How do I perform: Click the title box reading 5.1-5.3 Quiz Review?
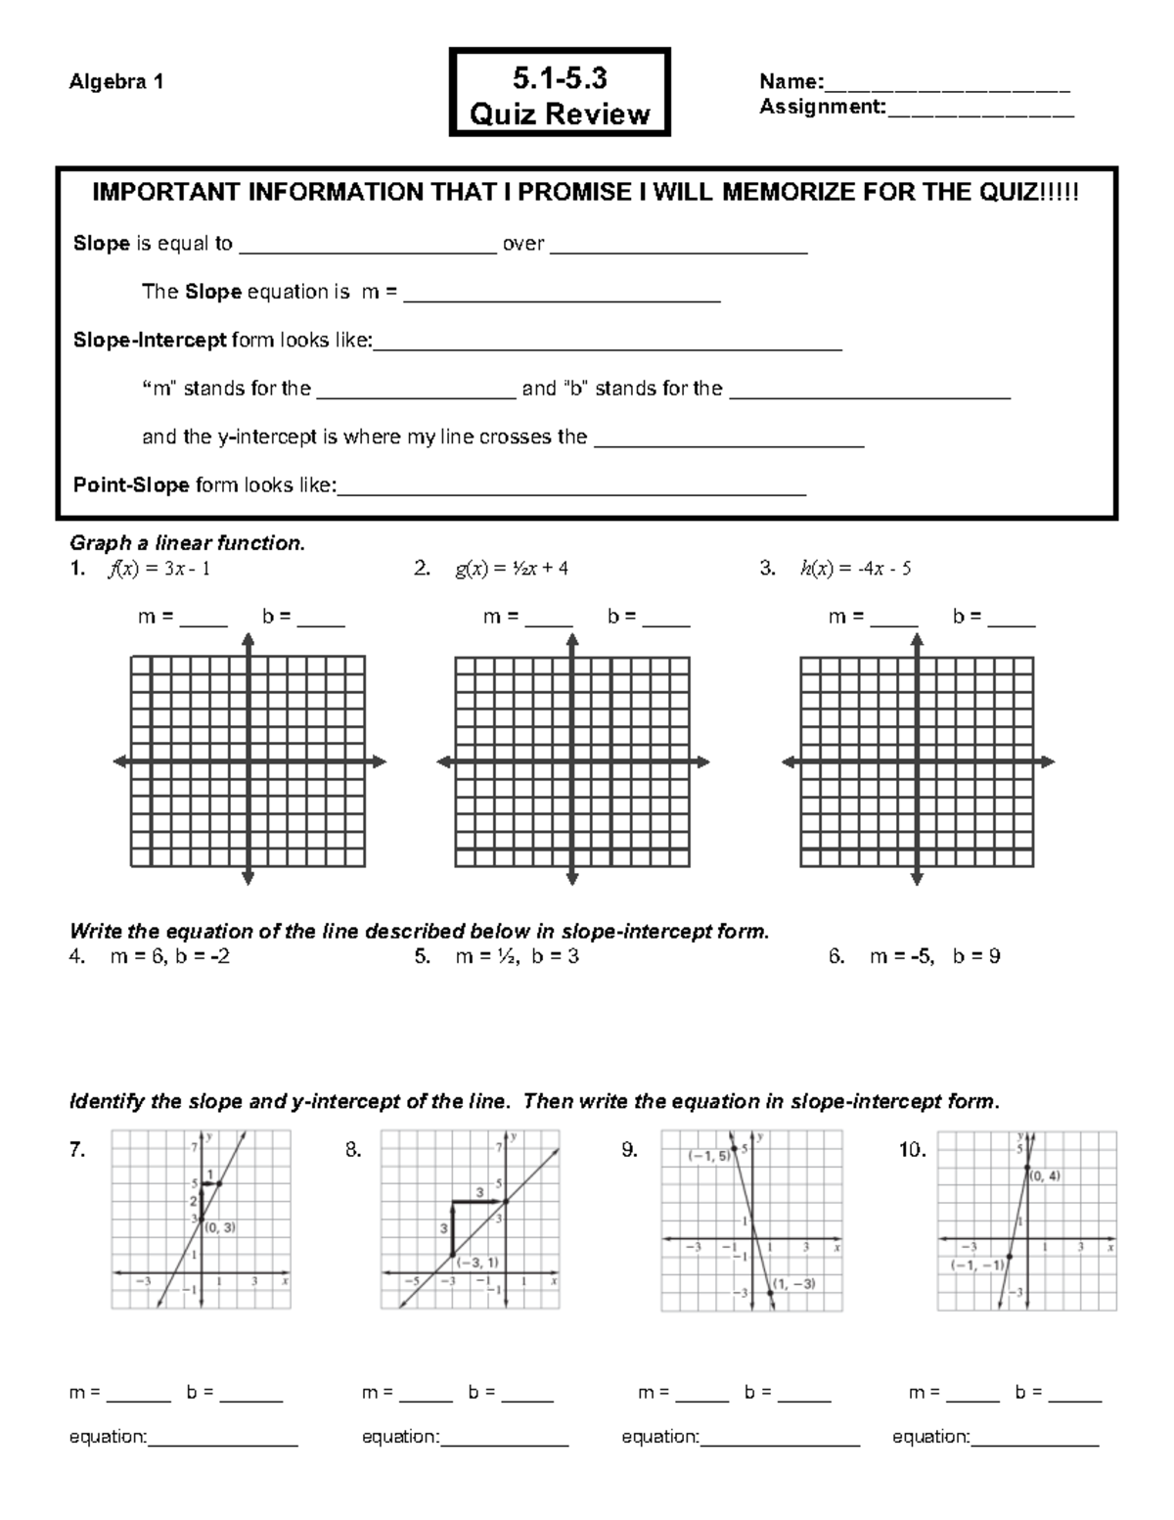coord(560,93)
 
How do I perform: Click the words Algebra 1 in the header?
coord(115,82)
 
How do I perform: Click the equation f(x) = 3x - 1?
coord(158,569)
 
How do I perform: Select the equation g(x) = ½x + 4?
coord(511,569)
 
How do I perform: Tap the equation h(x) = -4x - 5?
coord(855,569)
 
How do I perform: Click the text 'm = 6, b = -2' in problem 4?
coord(170,956)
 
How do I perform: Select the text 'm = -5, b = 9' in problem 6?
coord(934,956)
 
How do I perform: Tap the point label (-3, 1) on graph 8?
coord(476,1263)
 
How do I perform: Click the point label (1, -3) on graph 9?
coord(793,1283)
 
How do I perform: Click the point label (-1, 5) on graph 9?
coord(709,1156)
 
